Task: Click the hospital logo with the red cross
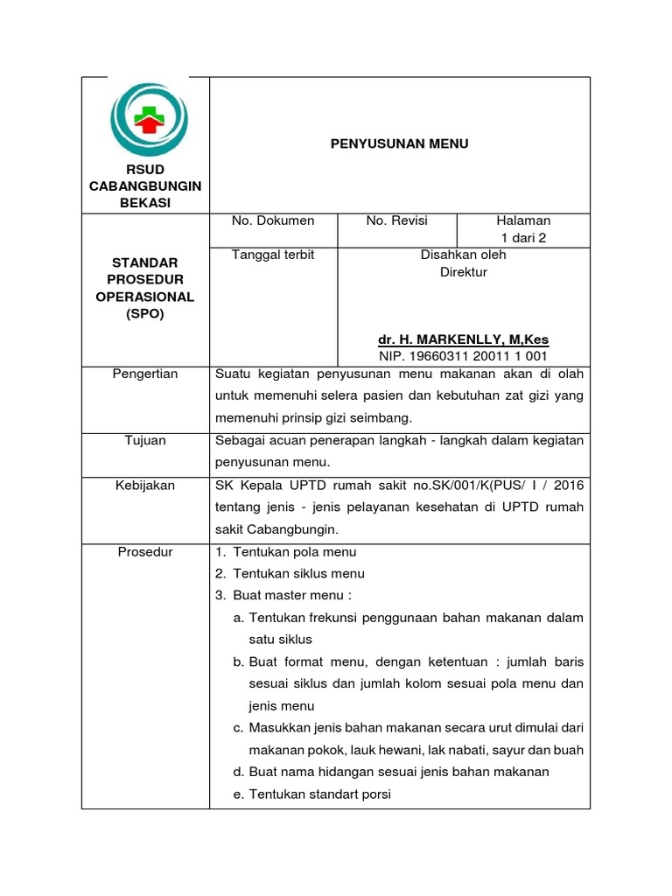pos(146,120)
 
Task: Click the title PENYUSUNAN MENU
pos(399,143)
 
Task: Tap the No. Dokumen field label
pos(273,220)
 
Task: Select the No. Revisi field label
pos(397,220)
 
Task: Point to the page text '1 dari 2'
pos(523,238)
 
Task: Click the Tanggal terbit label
pos(273,255)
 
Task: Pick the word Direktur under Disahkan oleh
pos(463,272)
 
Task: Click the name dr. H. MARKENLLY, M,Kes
pos(463,339)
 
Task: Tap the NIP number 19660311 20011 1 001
pos(463,356)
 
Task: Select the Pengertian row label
pos(145,374)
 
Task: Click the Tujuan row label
pos(145,440)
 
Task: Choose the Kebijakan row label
pos(145,485)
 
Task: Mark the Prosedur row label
pos(145,552)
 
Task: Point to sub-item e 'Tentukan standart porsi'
pos(312,794)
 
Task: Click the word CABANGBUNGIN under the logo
pos(145,186)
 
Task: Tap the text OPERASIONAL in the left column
pos(145,297)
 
